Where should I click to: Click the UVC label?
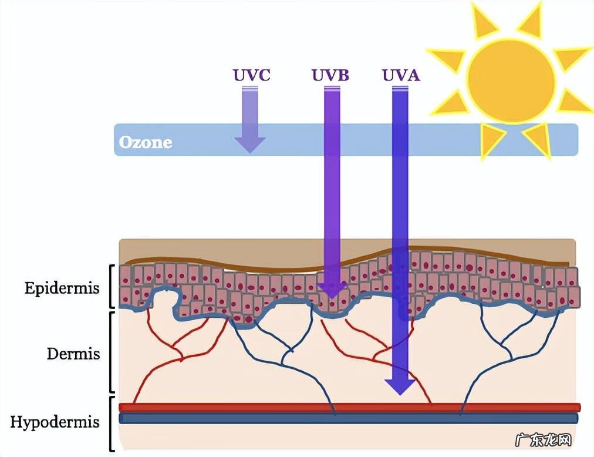click(x=251, y=76)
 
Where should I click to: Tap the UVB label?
click(x=330, y=76)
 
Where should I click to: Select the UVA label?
click(x=401, y=76)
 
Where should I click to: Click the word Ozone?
click(x=146, y=143)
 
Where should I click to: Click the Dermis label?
click(x=73, y=354)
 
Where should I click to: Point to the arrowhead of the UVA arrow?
click(x=400, y=386)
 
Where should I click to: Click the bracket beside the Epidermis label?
click(x=112, y=287)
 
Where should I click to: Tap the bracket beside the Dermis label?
click(x=112, y=352)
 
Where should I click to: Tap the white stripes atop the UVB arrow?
click(x=332, y=89)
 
